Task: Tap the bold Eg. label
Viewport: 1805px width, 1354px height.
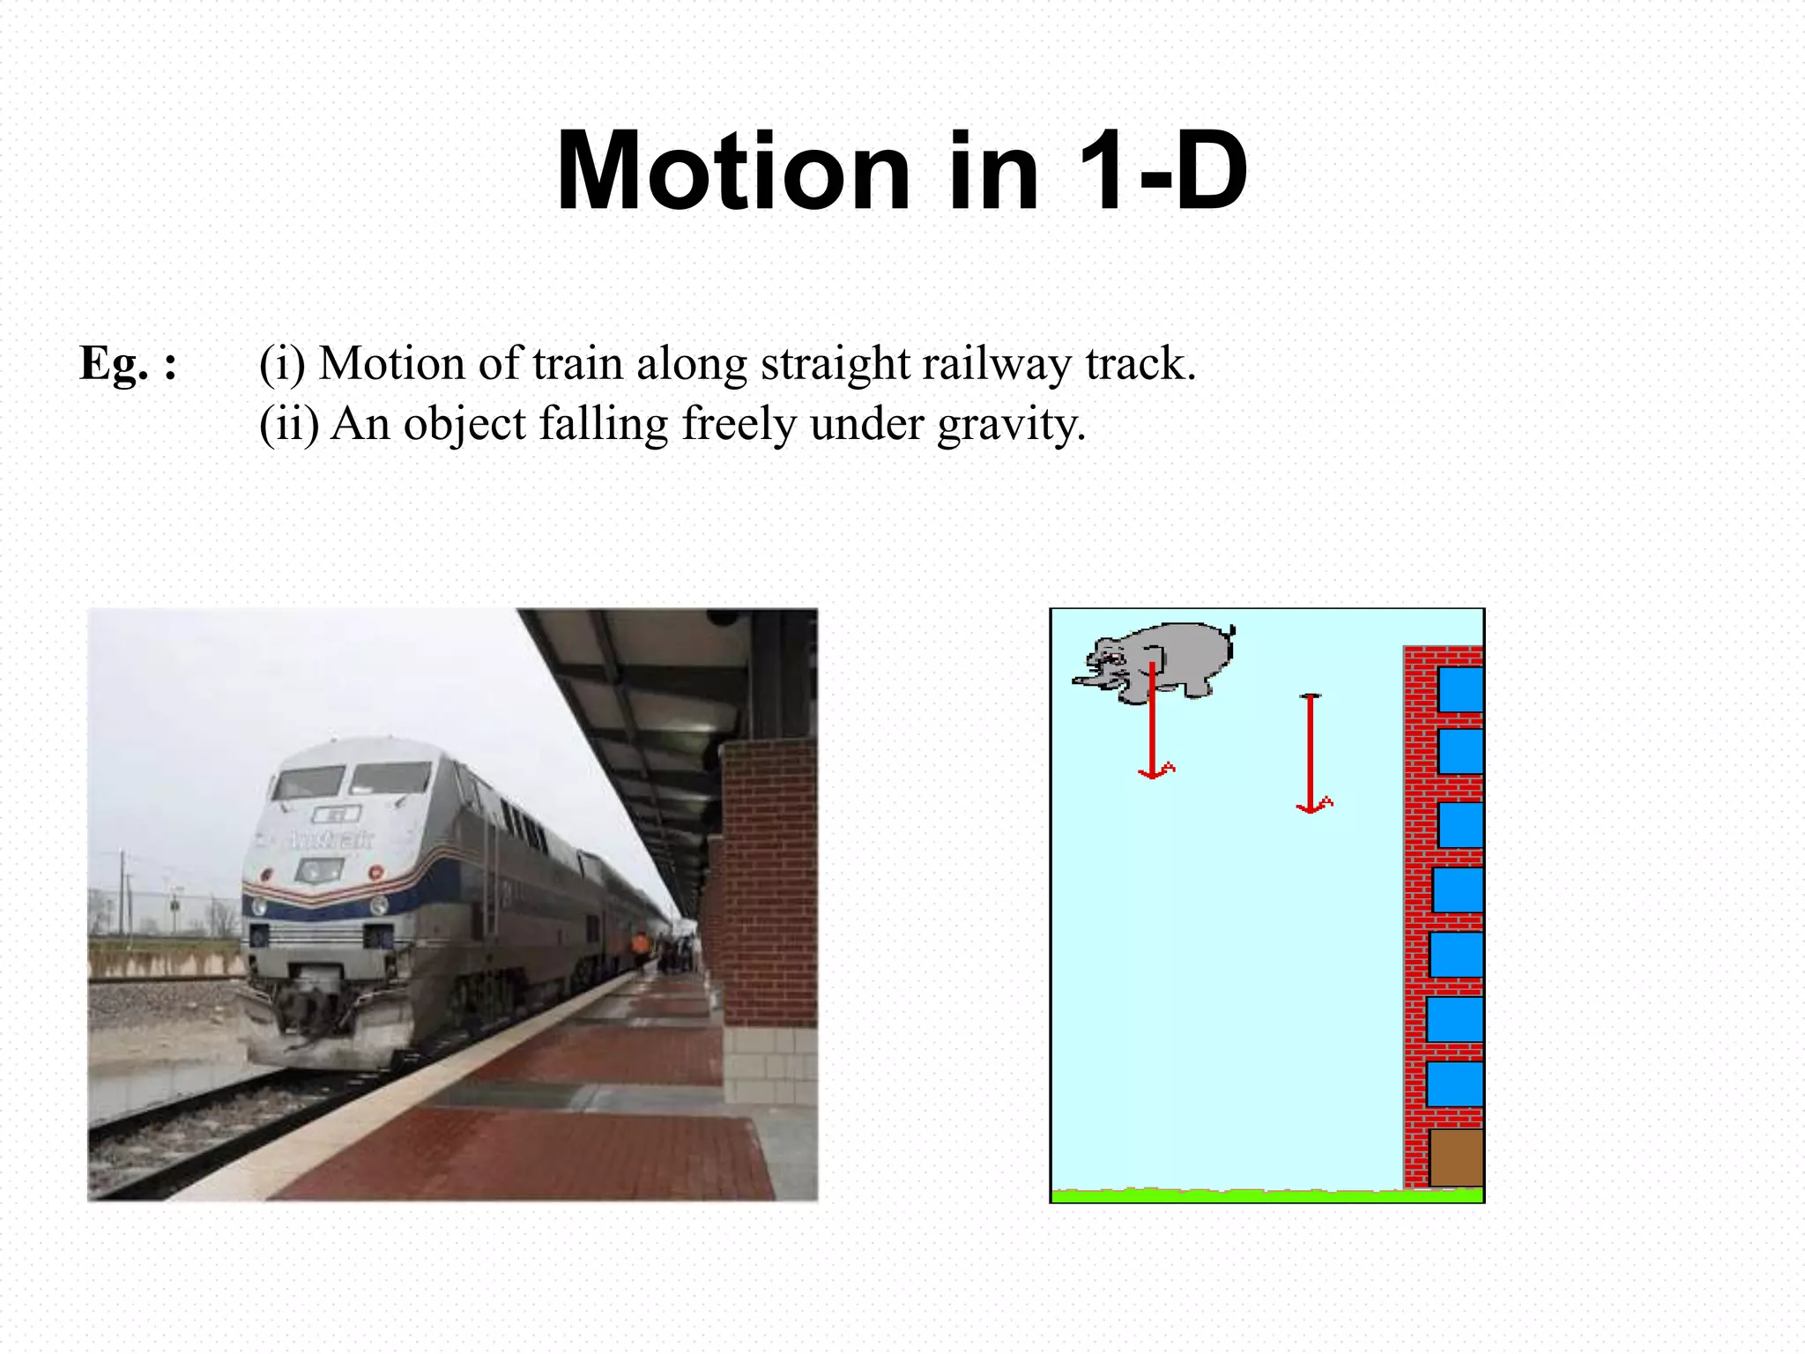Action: point(128,363)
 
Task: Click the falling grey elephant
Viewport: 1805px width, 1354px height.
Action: point(1163,658)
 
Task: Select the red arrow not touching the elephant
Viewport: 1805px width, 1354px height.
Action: point(1311,755)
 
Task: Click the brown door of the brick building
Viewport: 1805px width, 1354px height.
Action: point(1455,1157)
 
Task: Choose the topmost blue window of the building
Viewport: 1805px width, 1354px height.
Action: point(1460,689)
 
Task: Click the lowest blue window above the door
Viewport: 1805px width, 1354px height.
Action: point(1454,1083)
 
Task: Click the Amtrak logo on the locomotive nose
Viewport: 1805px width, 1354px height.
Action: point(331,838)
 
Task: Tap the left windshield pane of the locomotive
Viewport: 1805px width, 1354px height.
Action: point(308,782)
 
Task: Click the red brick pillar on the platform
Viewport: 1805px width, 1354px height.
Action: point(769,882)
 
